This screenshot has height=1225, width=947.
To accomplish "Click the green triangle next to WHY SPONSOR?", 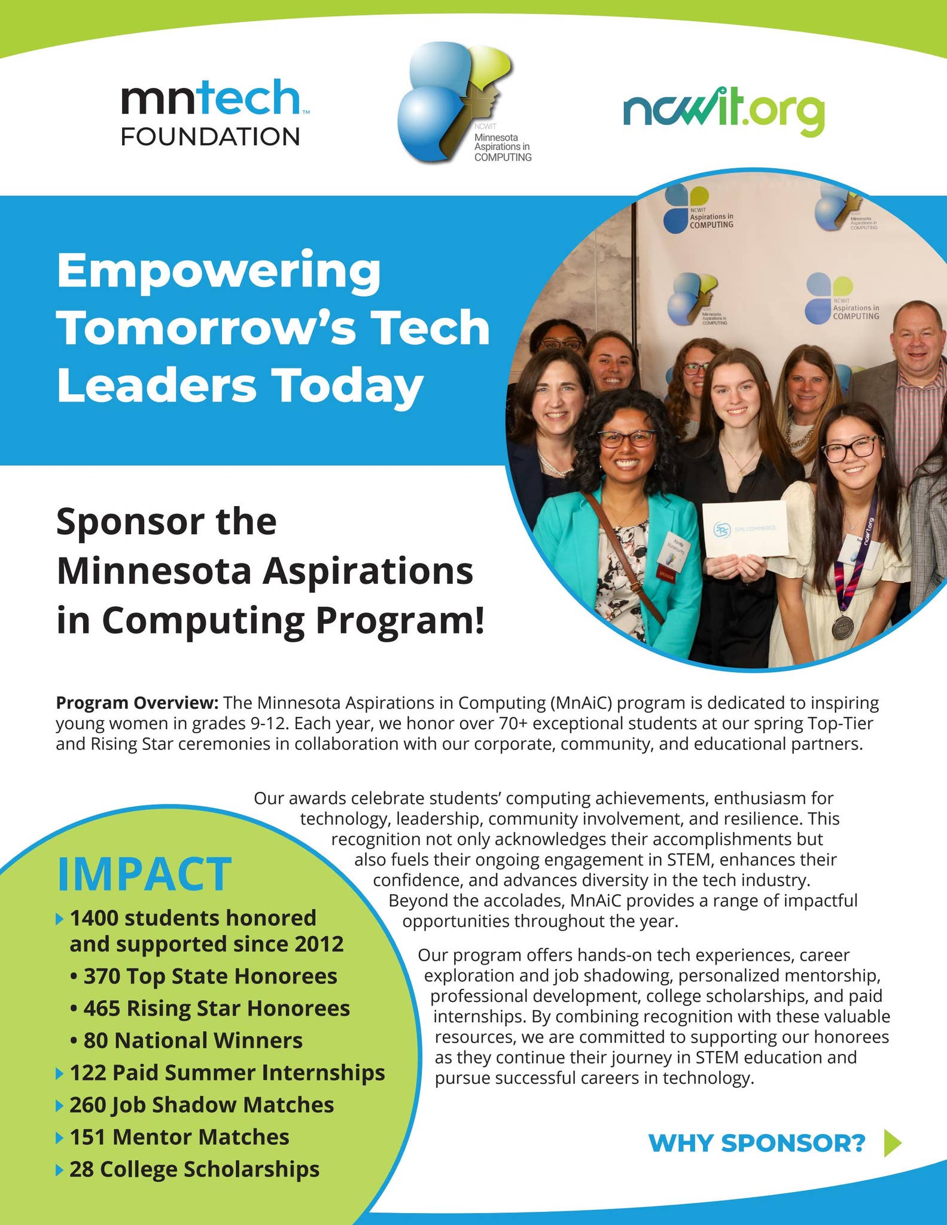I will pos(892,1143).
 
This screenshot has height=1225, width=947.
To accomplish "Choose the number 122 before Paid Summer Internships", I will pos(88,1072).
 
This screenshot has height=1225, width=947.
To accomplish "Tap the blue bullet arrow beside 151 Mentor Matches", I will pos(59,1137).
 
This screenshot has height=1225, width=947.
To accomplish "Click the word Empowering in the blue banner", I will pos(218,270).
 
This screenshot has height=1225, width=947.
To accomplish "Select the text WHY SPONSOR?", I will pos(757,1143).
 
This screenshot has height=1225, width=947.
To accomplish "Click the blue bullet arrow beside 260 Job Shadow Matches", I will pos(59,1105).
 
